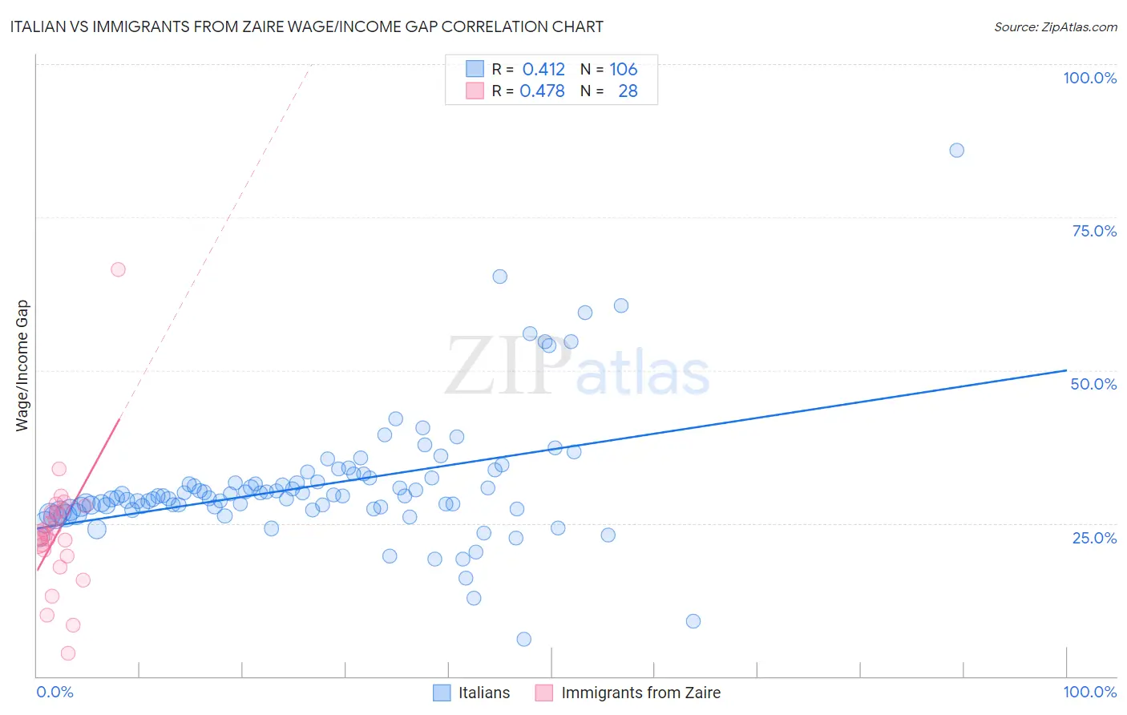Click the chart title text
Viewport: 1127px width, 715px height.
tap(306, 26)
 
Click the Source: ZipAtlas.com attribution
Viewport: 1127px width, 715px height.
tap(1055, 26)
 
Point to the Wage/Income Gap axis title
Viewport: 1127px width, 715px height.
tap(22, 366)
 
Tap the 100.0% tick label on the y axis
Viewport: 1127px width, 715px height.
tap(1089, 78)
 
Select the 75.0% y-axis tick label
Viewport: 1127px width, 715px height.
tap(1094, 231)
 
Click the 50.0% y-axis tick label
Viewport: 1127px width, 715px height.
tap(1093, 384)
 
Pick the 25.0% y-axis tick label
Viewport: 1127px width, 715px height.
tap(1094, 538)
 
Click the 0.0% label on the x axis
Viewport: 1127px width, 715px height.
tap(55, 692)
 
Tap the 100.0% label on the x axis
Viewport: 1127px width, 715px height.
tap(1089, 692)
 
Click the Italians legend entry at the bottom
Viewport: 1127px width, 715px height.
tap(483, 693)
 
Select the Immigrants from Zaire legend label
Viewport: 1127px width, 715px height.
tap(640, 693)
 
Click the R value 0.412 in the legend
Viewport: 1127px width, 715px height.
tap(543, 69)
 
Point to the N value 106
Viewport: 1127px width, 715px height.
tap(623, 69)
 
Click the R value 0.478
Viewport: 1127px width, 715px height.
tap(542, 91)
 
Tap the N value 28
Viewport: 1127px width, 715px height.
tap(628, 91)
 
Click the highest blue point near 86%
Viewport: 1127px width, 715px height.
tap(956, 150)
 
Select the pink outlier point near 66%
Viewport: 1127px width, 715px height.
tap(118, 269)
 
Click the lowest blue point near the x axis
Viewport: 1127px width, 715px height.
tap(523, 639)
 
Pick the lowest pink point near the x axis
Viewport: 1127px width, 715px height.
tap(68, 653)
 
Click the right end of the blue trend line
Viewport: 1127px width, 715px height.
tap(1066, 370)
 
